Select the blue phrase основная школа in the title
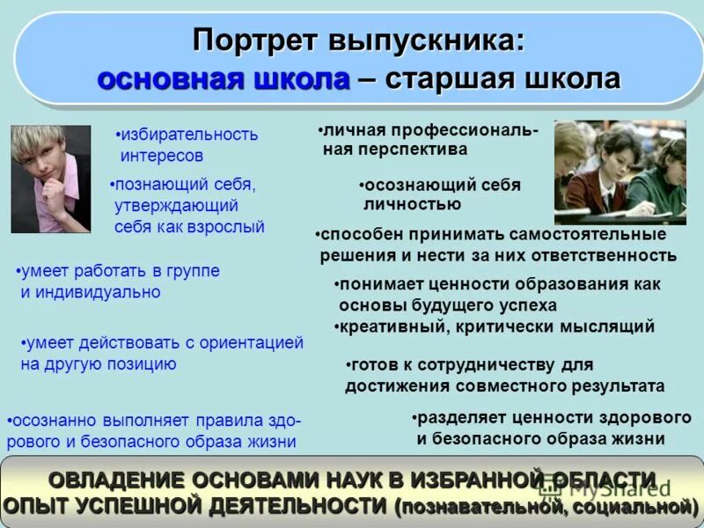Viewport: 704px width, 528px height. point(224,80)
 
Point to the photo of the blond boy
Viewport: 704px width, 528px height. point(50,179)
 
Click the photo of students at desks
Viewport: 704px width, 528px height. point(620,172)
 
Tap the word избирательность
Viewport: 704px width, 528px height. point(189,135)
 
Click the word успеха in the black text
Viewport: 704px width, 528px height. point(526,305)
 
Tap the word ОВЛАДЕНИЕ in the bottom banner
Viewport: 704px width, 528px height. point(115,480)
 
